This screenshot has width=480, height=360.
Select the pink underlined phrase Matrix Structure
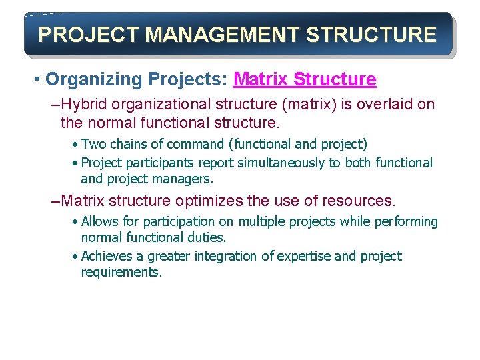click(x=305, y=80)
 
